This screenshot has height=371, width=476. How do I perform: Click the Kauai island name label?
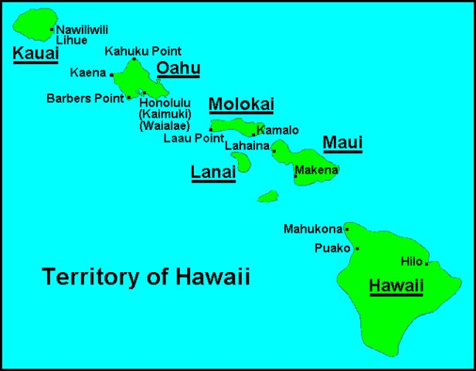tap(36, 53)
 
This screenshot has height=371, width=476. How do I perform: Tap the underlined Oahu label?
tap(178, 69)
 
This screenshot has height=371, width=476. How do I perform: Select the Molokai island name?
tap(241, 104)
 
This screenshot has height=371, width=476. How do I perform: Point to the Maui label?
tap(342, 142)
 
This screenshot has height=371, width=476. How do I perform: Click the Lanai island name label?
tap(212, 173)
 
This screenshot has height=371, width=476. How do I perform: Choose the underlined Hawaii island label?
tap(396, 286)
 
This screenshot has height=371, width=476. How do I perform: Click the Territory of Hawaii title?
tap(146, 277)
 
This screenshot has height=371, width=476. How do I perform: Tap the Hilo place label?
tap(412, 261)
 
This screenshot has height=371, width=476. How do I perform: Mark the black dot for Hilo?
tap(427, 263)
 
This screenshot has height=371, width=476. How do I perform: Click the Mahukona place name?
tap(312, 229)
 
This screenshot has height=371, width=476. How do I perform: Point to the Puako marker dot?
tap(357, 249)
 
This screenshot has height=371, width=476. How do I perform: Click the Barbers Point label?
tap(85, 98)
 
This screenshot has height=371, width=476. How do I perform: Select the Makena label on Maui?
tap(316, 170)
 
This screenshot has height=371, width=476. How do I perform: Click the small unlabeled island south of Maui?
tap(267, 196)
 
